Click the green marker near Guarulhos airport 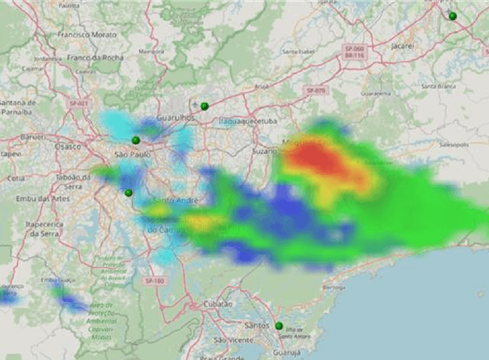(x=205, y=106)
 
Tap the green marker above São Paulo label (x=136, y=140)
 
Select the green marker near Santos (x=279, y=326)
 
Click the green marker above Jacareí (x=452, y=16)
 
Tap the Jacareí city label (x=402, y=46)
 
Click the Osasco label (x=68, y=146)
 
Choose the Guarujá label (x=287, y=352)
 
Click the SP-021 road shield (x=80, y=103)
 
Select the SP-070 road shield (x=317, y=91)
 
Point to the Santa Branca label (x=438, y=85)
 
